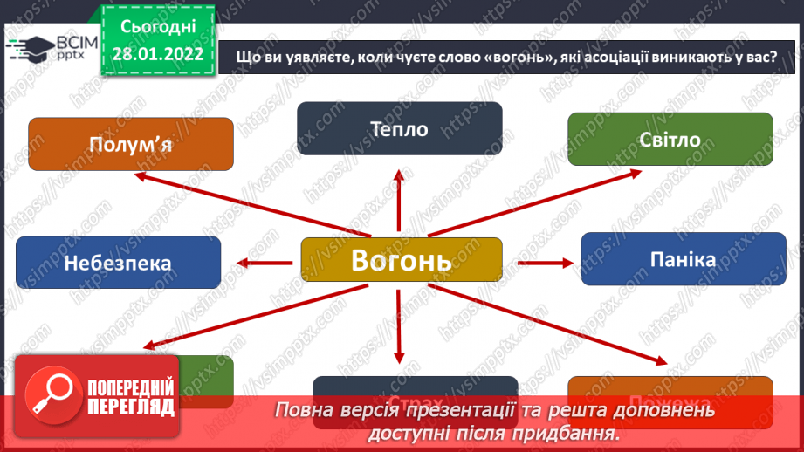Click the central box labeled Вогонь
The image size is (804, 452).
pos(402,260)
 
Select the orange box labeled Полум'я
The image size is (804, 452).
pos(131,144)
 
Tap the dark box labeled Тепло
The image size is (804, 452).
pos(399,129)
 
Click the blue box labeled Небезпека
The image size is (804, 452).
pos(118,263)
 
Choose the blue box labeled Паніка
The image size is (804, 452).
pos(683,259)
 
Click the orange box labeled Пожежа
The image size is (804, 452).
pos(670,385)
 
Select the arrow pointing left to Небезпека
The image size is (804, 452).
pos(267,261)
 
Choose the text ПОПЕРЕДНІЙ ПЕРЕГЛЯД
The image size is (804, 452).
pos(132,397)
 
